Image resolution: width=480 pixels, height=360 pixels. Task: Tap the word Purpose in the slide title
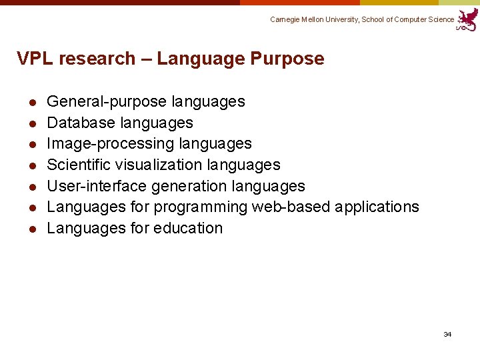(287, 59)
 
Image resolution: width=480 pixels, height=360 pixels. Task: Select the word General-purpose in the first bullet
(107, 102)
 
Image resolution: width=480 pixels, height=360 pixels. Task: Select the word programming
(200, 207)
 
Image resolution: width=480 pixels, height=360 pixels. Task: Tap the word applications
(377, 207)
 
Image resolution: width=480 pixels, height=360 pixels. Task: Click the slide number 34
(447, 334)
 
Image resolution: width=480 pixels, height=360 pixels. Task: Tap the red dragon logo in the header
(468, 19)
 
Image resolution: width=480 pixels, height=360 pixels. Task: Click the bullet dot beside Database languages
(31, 123)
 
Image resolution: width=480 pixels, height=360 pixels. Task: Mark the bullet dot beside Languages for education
(31, 229)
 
